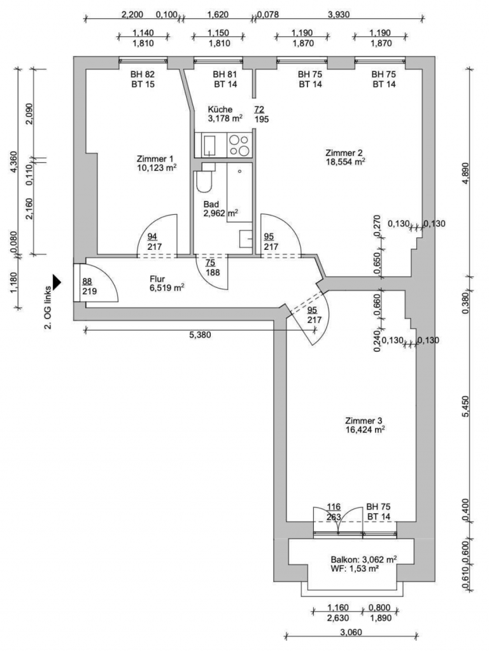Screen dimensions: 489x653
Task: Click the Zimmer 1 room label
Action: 155,159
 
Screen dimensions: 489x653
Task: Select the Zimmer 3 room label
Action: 363,421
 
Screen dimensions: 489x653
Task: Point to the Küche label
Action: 220,109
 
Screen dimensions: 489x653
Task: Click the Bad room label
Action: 211,205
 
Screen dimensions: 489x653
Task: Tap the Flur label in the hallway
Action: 157,279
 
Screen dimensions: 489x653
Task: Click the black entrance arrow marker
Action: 57,282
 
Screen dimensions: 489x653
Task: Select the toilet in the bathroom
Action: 204,178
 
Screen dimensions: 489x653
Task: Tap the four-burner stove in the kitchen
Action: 239,146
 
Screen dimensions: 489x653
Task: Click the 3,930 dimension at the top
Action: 339,15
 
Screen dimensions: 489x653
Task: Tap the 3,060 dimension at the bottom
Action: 351,633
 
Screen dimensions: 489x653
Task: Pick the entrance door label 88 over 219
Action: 89,286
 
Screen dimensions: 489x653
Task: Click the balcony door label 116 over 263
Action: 334,512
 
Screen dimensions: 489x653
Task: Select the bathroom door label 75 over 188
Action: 212,268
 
